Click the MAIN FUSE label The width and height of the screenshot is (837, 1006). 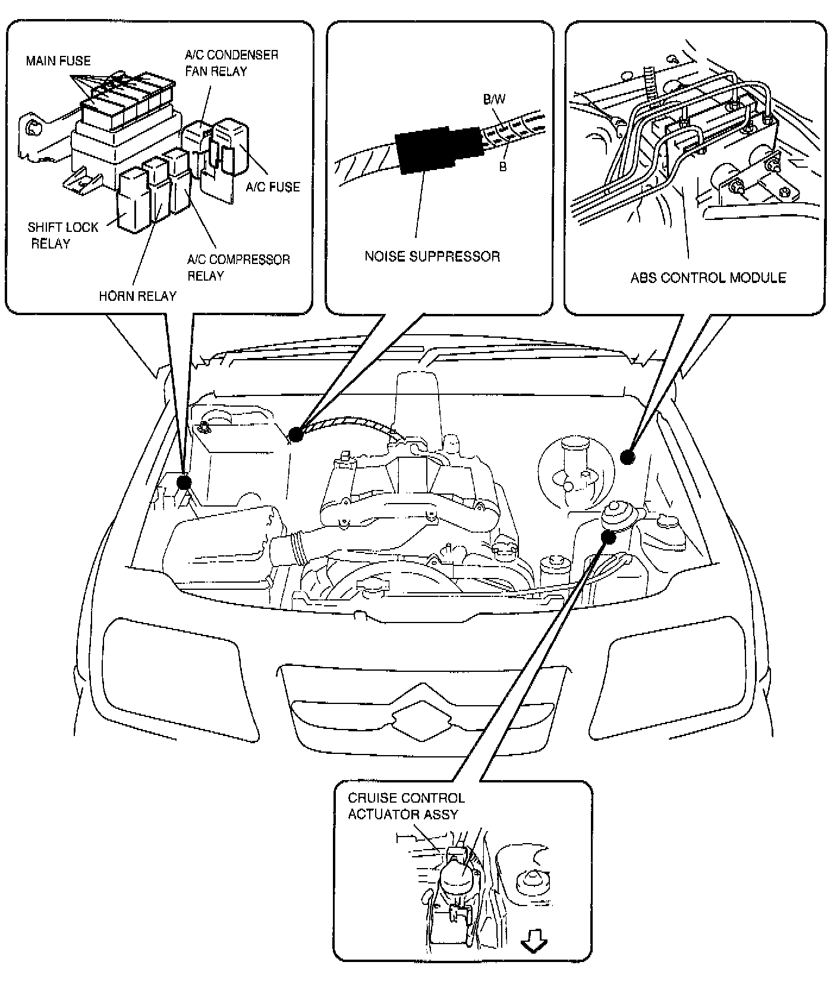[x=58, y=61]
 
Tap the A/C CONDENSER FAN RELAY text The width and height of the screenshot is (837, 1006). [x=231, y=63]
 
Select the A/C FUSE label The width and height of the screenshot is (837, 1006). [x=273, y=187]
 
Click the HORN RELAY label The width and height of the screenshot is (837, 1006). [x=137, y=295]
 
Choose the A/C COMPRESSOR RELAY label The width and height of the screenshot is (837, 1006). [x=238, y=268]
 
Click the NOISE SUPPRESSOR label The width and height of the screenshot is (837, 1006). [x=432, y=256]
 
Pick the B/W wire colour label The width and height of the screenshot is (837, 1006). [x=494, y=99]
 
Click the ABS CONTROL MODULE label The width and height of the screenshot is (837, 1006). [x=708, y=278]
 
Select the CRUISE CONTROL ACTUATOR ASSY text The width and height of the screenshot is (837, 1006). [x=406, y=806]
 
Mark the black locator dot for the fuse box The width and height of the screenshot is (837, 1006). [x=184, y=482]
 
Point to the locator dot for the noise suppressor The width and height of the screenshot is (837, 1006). [x=295, y=434]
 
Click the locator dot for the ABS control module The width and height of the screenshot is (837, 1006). [x=628, y=457]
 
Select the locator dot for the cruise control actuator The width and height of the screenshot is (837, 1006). [x=608, y=536]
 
